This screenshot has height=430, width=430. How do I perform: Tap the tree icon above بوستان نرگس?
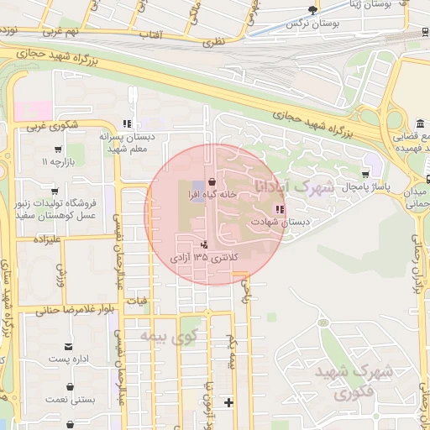coord(313,10)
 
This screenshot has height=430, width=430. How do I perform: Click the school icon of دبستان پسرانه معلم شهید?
coord(128,123)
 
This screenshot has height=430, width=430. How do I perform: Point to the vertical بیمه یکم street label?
coord(229,353)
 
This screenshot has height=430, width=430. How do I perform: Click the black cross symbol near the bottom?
coord(228,402)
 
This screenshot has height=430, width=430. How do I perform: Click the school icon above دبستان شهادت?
coord(279,208)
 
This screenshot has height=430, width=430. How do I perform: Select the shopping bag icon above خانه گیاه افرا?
coord(211,180)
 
